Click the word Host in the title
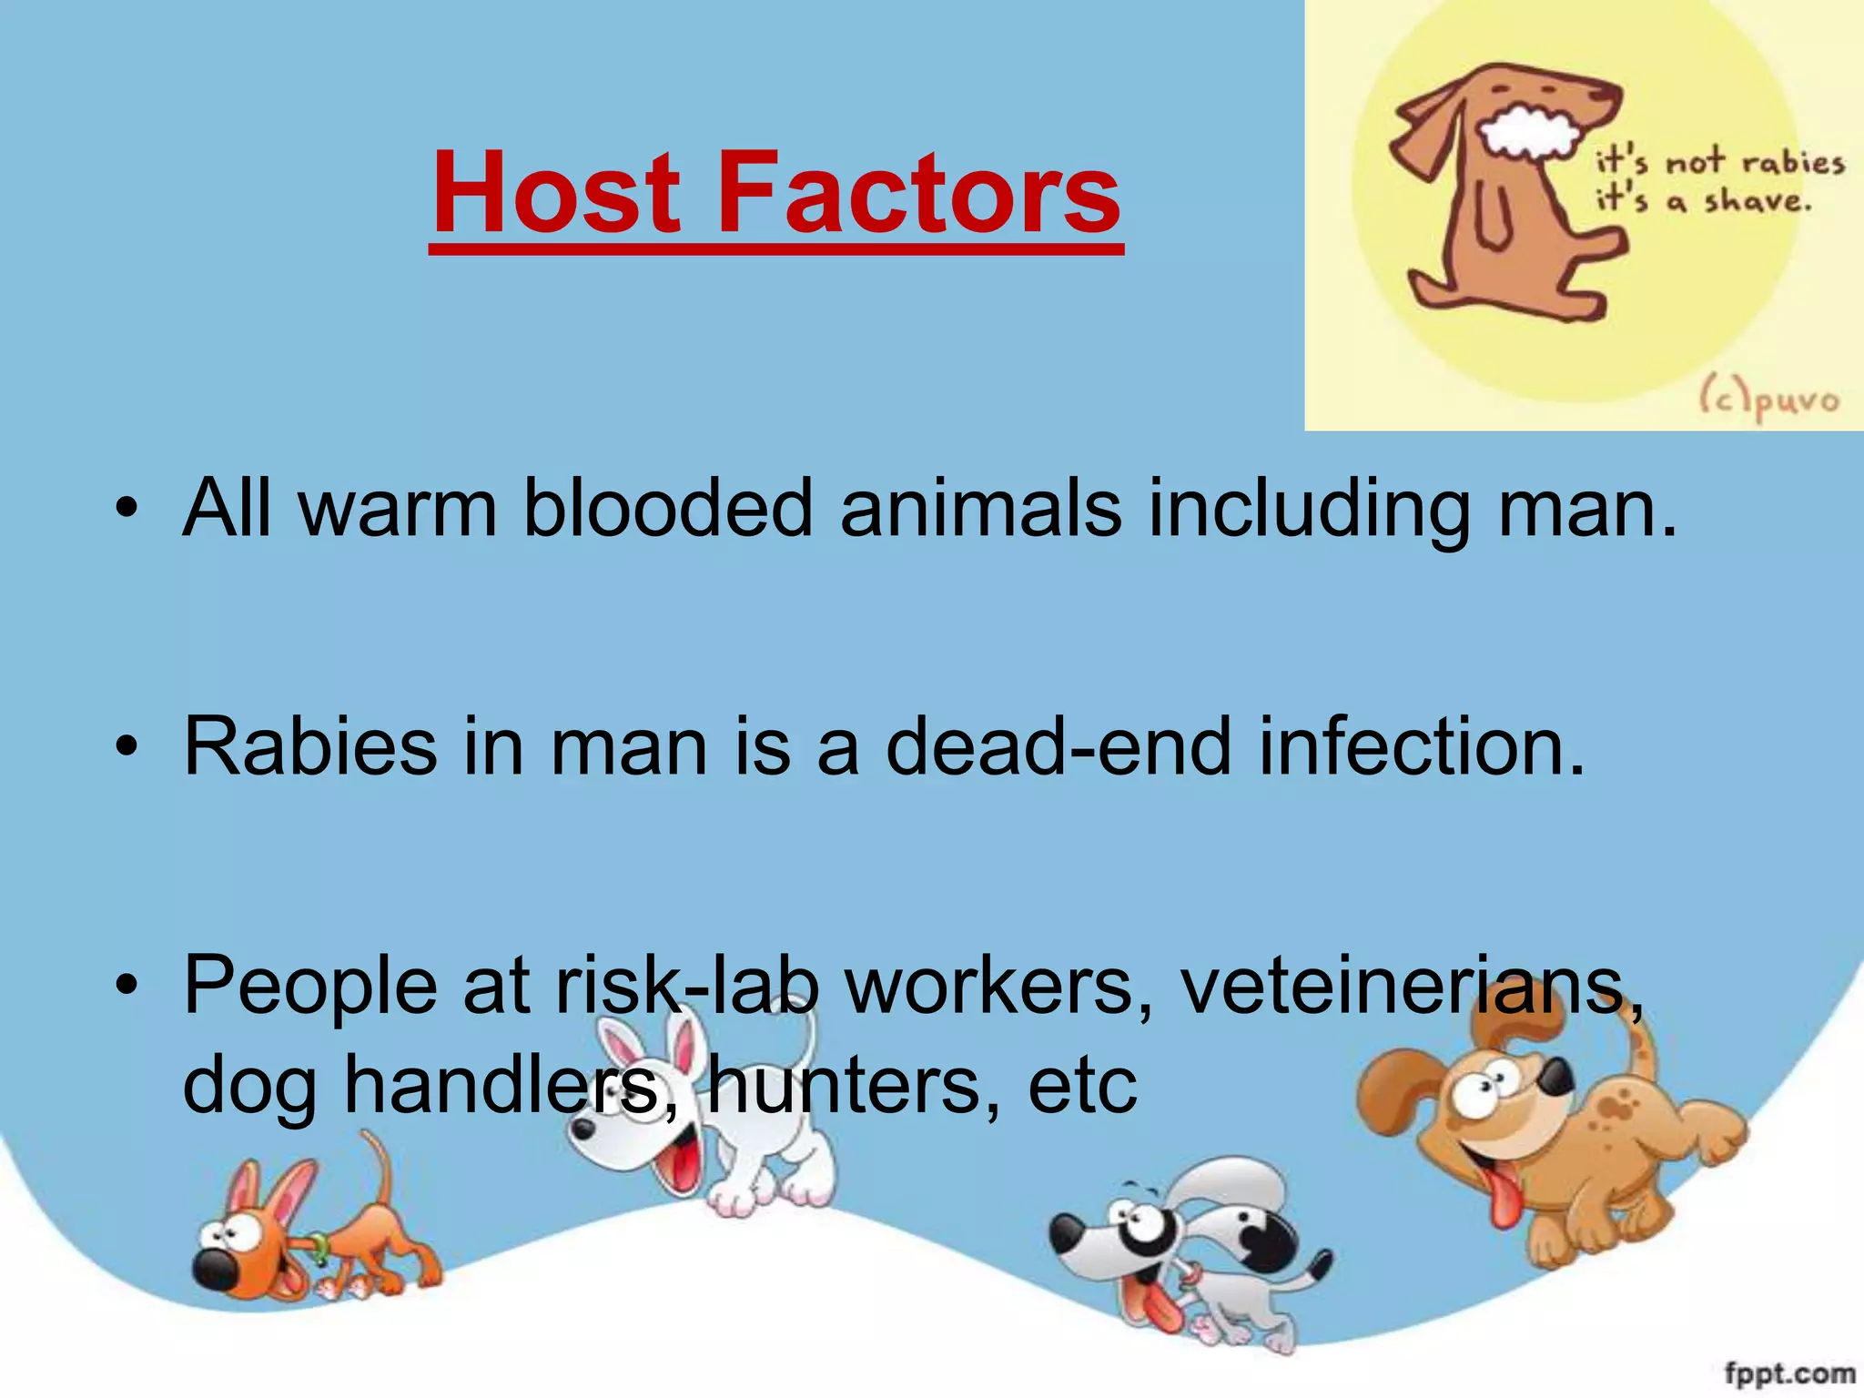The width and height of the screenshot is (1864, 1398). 556,193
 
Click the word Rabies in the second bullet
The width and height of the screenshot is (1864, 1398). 310,746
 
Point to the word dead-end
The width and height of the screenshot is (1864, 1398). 1058,746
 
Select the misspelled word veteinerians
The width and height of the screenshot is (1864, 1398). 1411,986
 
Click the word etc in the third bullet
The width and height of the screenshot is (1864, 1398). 1082,1087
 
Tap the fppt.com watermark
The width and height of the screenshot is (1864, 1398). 1788,1373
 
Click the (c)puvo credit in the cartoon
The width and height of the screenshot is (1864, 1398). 1768,400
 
